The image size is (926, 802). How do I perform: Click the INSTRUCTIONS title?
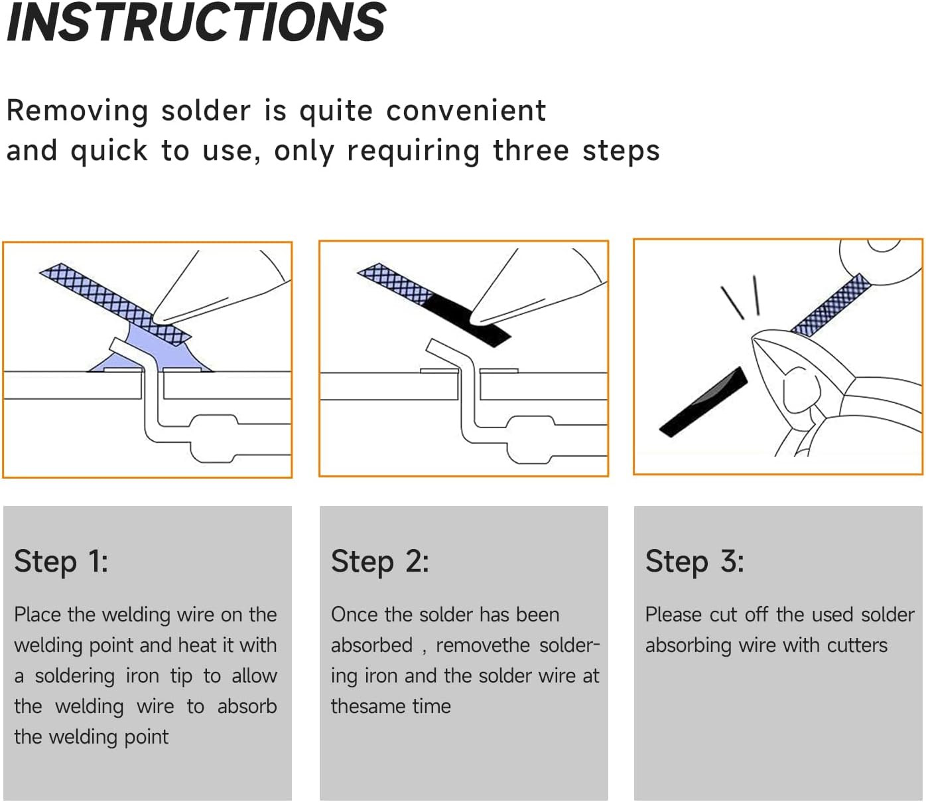point(196,23)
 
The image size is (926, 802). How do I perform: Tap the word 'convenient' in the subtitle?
point(466,111)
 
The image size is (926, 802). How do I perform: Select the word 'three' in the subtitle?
point(530,151)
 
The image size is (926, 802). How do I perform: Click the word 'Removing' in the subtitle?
point(77,111)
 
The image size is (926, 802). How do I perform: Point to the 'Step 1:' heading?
point(61,562)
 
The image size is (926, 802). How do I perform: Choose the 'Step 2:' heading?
point(379,562)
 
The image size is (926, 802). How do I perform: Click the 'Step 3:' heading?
point(694,562)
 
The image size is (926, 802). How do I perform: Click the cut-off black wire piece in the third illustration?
point(703,402)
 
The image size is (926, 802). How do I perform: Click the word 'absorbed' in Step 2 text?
point(371,645)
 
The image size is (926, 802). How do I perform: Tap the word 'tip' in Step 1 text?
point(180,676)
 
